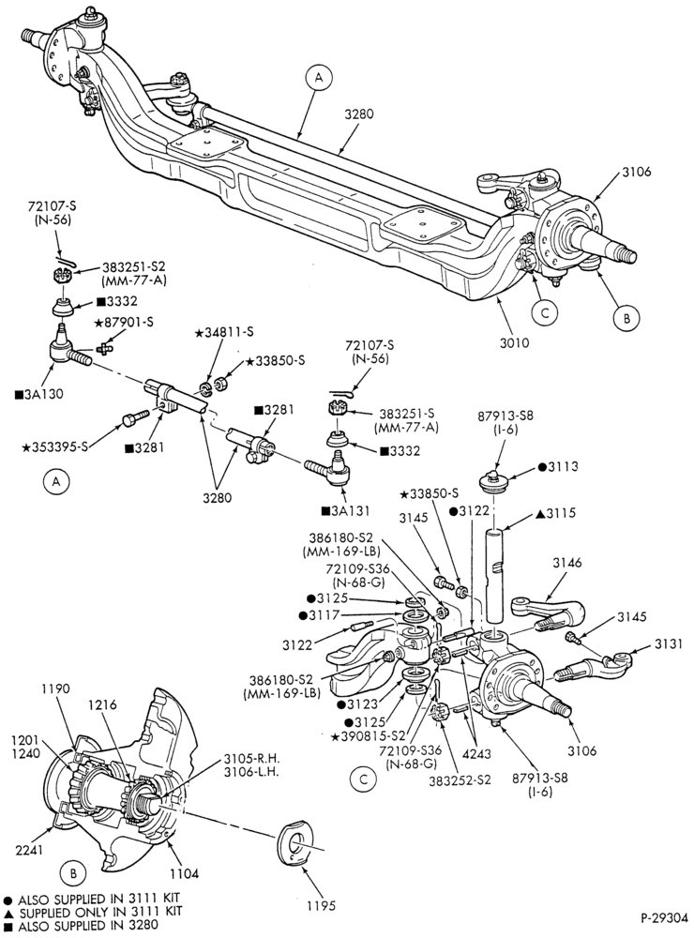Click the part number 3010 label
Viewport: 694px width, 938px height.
516,342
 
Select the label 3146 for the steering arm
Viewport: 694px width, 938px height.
566,563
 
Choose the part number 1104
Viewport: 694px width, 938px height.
184,874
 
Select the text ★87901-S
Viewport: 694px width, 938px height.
123,323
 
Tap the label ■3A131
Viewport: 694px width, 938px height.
345,511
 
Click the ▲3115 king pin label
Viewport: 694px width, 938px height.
555,513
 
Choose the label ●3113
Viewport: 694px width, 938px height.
558,466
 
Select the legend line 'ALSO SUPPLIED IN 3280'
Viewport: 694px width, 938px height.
81,926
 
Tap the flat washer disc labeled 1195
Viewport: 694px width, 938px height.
298,843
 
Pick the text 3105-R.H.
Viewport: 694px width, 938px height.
252,759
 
